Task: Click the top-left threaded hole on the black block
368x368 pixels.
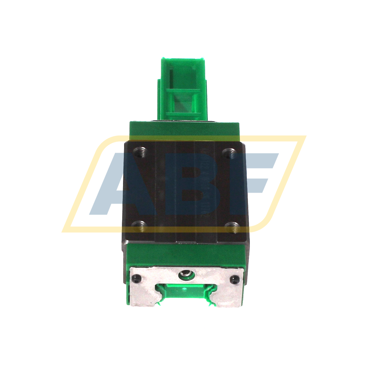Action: (x=140, y=152)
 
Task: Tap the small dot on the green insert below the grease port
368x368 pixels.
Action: (x=184, y=289)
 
